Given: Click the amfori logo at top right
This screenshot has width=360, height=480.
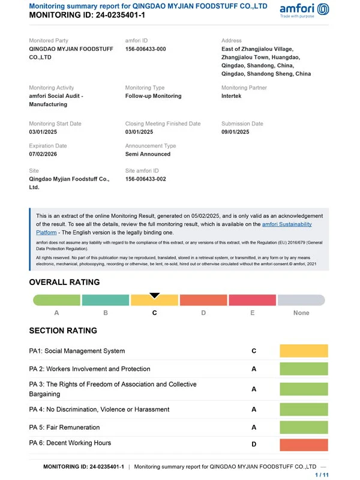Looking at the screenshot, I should point(304,10).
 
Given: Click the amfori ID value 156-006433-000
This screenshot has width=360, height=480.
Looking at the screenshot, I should point(145,49).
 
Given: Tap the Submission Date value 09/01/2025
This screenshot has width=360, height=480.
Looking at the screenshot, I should point(235,132).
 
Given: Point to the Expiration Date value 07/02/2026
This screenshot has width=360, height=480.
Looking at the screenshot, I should point(43,154).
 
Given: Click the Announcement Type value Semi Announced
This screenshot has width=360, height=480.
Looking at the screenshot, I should point(148,154).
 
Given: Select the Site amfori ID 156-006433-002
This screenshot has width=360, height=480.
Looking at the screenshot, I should point(145,179).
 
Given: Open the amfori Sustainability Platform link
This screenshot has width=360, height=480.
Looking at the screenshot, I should point(287,224).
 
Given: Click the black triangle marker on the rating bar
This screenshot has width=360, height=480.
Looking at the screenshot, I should point(154,295).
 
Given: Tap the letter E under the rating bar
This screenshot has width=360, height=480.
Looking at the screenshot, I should point(252,313).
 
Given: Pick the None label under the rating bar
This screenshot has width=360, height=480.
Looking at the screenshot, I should point(301,313).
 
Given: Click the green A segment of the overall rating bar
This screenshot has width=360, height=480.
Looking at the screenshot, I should point(56,301).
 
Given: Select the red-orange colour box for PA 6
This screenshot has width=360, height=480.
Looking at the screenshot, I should point(304,445).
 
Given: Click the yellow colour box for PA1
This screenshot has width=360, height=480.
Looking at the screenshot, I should point(304,351).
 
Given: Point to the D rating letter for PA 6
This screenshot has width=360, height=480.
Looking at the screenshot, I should point(254,445).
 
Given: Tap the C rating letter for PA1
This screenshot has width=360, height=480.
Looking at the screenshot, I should point(254,351).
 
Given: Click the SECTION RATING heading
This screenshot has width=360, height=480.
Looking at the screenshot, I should point(63,331).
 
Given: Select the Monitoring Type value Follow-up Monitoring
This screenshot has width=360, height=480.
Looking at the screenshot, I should point(153,96).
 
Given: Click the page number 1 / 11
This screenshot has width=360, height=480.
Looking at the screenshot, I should point(322,475).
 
